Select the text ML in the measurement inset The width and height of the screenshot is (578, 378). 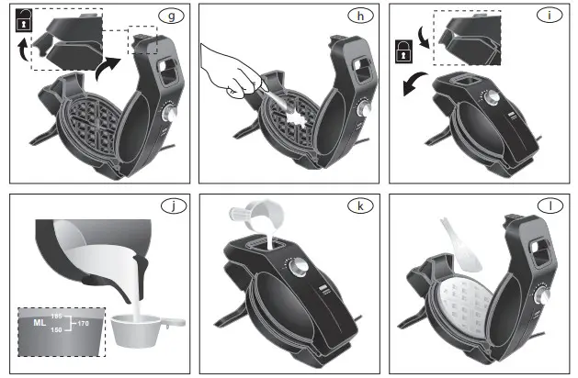[x=39, y=324]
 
